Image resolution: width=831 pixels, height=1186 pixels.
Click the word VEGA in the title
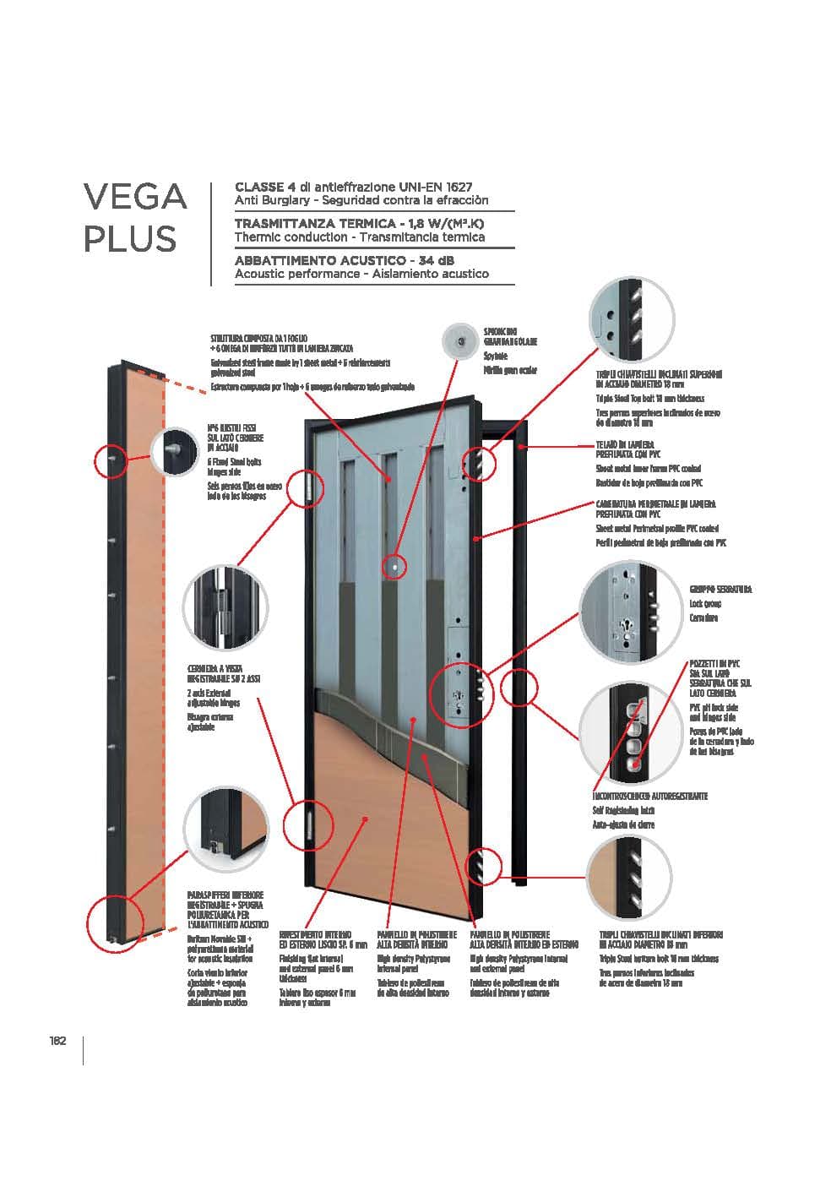point(134,197)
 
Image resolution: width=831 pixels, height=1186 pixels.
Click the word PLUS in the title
point(129,239)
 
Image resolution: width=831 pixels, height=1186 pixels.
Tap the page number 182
point(57,1041)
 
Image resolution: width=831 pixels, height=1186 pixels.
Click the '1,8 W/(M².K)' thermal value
point(448,223)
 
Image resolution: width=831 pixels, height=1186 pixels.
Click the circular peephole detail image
point(460,340)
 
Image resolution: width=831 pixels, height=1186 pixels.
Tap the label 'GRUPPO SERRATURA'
point(720,589)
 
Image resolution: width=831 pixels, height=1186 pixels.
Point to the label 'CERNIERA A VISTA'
point(215,668)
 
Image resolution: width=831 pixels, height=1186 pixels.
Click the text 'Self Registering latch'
point(624,810)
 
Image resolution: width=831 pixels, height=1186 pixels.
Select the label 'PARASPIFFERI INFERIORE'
point(225,895)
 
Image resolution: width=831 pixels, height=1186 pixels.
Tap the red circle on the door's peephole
point(394,566)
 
